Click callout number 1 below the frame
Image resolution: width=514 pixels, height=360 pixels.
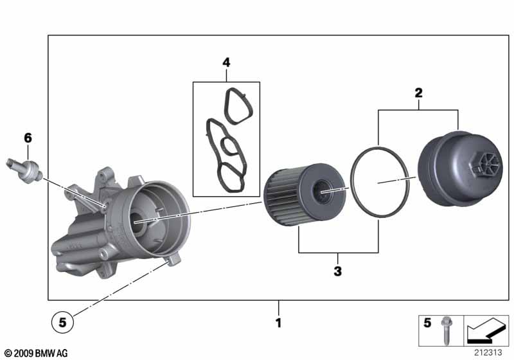[x=278, y=323]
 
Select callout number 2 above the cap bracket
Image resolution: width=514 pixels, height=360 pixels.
[x=418, y=93]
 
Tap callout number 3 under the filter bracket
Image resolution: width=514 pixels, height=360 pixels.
[x=338, y=271]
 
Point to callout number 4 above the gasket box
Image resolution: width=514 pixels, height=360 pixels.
[x=226, y=62]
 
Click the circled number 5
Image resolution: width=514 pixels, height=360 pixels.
[x=62, y=323]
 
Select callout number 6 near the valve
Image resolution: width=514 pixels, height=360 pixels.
[x=28, y=138]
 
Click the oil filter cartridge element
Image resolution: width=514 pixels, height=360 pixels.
[x=305, y=194]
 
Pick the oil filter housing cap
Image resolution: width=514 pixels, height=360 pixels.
[x=460, y=168]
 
